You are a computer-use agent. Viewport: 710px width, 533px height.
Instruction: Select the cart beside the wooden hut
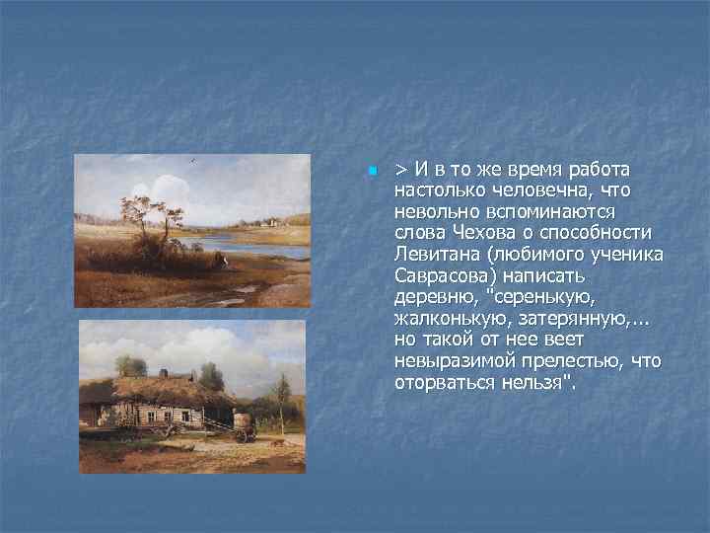[243, 426]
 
